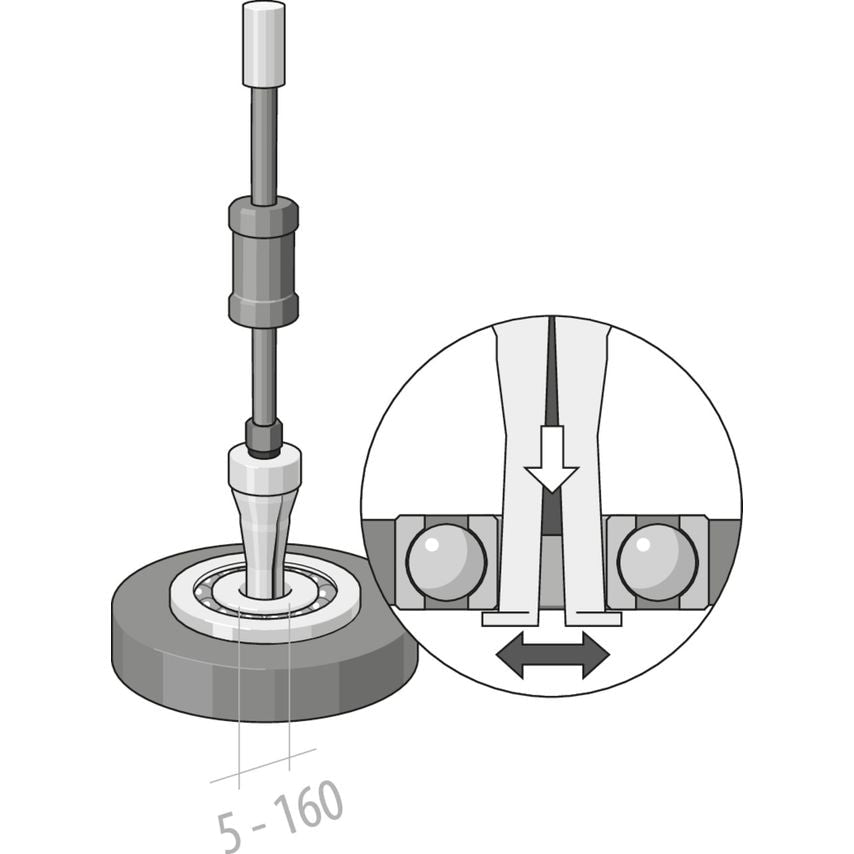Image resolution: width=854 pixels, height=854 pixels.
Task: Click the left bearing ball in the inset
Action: (446, 562)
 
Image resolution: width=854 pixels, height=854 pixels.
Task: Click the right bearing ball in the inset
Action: (657, 562)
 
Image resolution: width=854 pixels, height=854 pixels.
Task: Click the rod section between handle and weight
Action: (263, 140)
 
